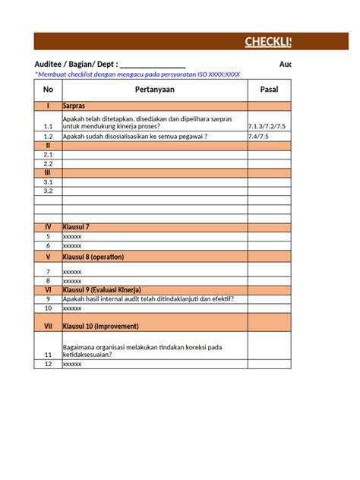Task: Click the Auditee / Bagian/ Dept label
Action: tap(76, 65)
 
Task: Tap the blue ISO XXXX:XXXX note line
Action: tap(137, 74)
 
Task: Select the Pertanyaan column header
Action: tap(154, 90)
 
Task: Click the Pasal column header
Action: tap(269, 90)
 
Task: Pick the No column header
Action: tap(48, 90)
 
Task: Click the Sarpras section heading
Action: tap(74, 106)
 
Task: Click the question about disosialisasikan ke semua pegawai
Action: tap(135, 136)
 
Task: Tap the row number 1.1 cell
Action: tap(48, 126)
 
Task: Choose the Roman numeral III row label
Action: tap(48, 172)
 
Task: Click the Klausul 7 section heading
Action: tap(77, 227)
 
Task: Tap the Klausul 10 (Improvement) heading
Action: tap(100, 326)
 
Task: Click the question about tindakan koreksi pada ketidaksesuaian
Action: tap(142, 350)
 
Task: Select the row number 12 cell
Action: tap(48, 365)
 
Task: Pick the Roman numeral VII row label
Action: tap(48, 326)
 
